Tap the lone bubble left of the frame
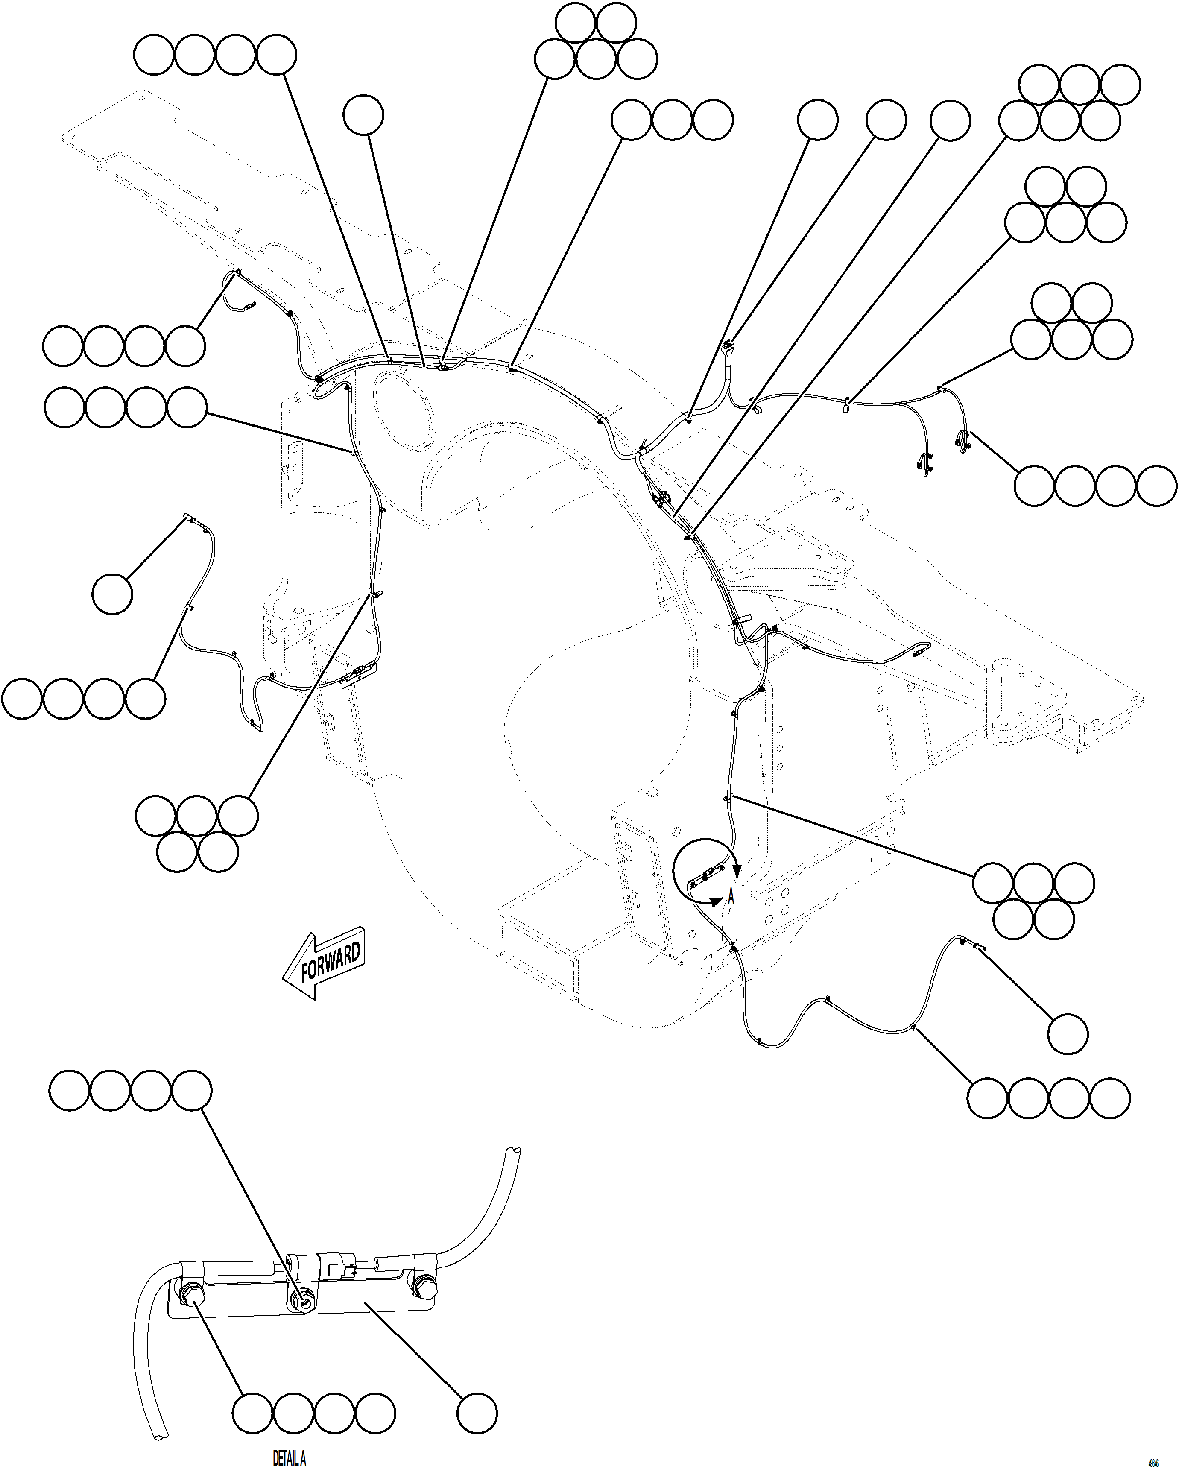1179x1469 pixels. point(112,594)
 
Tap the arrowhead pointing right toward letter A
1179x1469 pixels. point(715,901)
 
